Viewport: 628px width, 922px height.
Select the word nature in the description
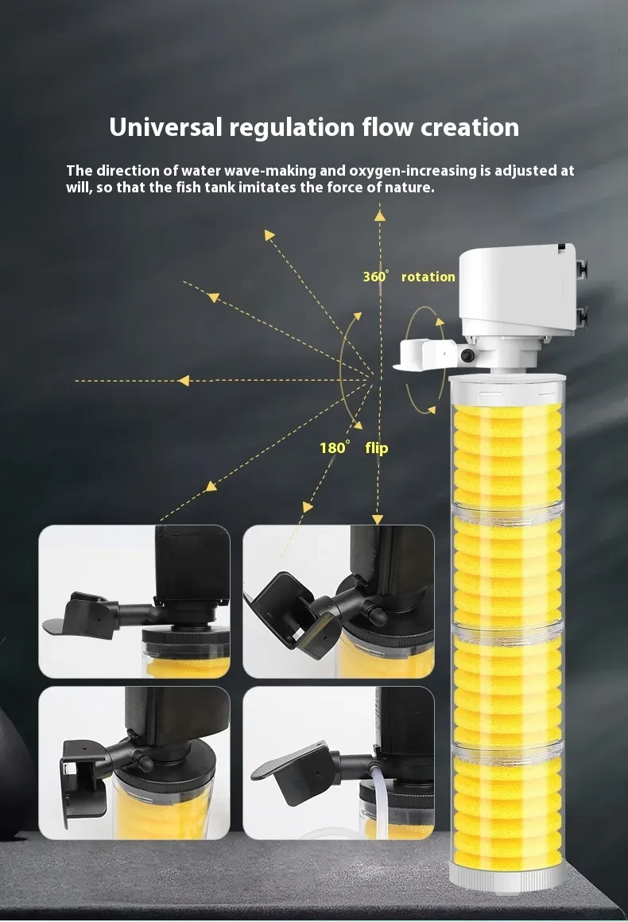411,188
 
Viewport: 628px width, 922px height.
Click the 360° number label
376,277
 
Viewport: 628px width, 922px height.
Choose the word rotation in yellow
428,277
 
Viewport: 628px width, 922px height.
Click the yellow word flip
377,448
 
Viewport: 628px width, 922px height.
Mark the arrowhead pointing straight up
380,214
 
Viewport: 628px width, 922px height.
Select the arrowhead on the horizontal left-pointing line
184,381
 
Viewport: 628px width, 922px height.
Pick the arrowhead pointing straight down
378,519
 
